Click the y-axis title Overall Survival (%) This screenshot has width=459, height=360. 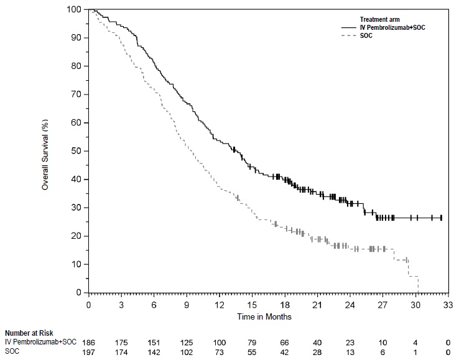[45, 151]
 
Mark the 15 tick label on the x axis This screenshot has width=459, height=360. [252, 305]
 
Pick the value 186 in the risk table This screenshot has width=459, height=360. [89, 342]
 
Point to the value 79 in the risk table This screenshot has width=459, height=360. [252, 342]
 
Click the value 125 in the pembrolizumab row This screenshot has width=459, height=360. [187, 342]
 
